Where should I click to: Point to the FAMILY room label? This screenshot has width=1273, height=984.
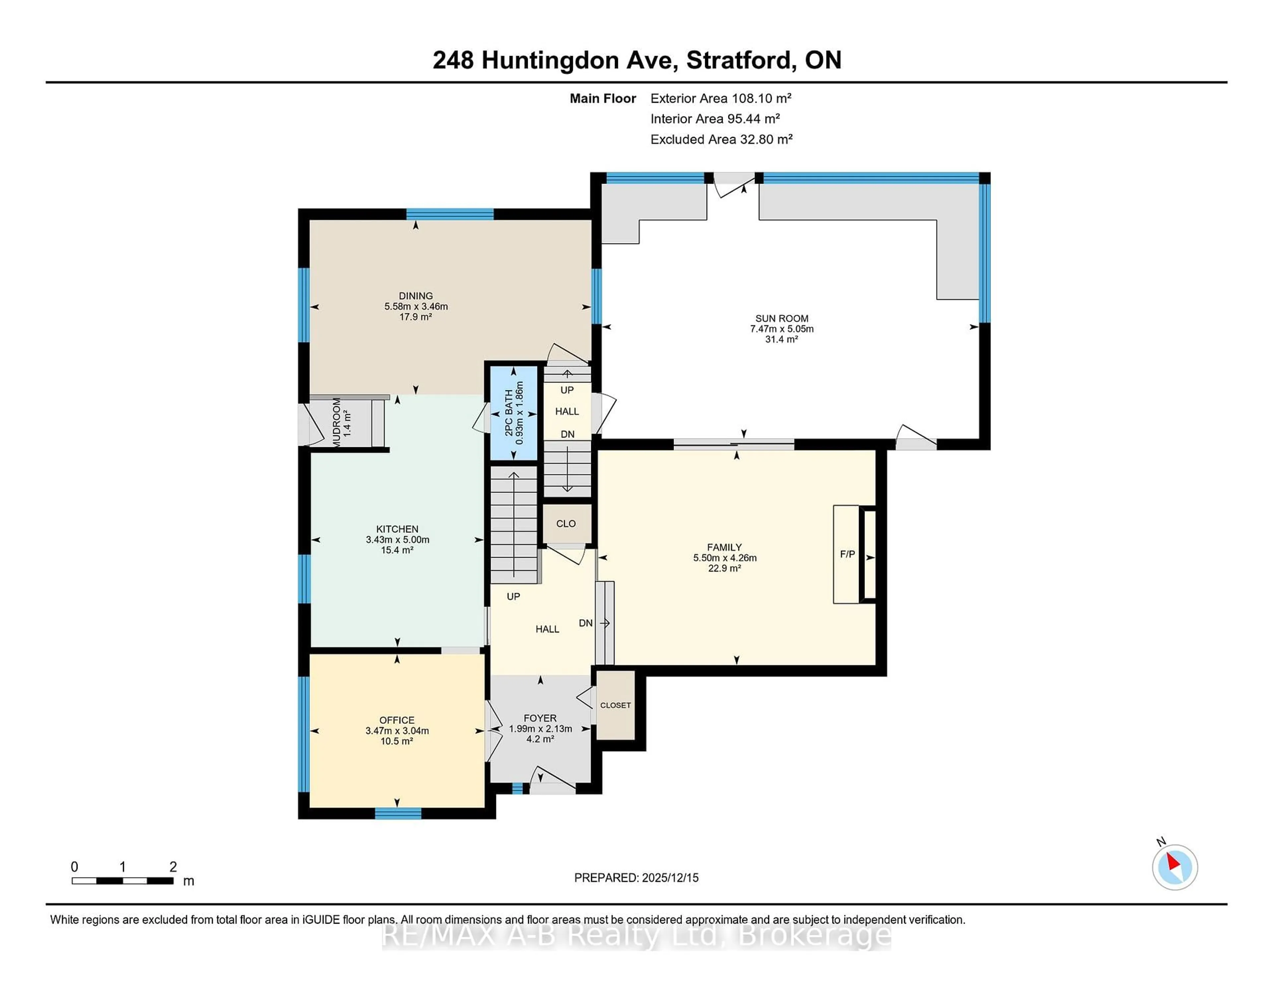724,547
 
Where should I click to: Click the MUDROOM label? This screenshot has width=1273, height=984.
337,422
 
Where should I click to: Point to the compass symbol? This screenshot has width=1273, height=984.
1175,867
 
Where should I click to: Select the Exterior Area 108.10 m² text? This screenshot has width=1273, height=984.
720,98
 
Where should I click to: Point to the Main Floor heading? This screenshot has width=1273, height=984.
603,98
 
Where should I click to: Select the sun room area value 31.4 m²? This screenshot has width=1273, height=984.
782,339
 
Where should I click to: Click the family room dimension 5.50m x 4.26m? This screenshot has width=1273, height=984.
724,558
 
